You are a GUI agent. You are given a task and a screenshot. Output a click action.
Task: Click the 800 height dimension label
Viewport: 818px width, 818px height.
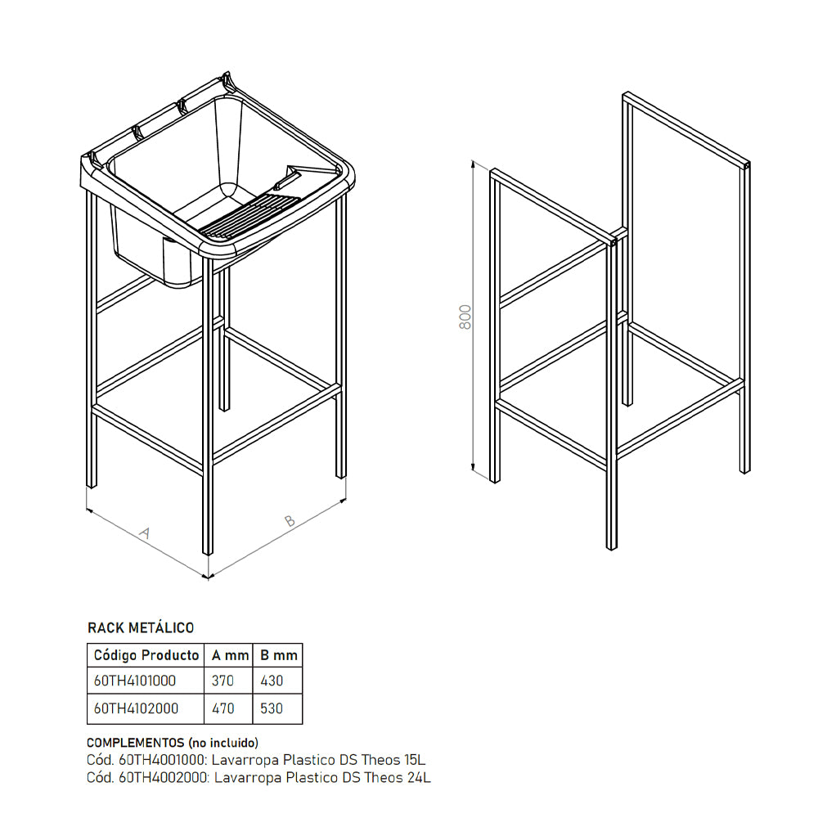pyautogui.click(x=465, y=317)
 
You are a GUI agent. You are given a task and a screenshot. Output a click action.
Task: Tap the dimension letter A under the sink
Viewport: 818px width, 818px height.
pyautogui.click(x=145, y=533)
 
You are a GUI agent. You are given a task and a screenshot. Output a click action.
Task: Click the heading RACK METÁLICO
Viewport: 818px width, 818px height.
pyautogui.click(x=141, y=628)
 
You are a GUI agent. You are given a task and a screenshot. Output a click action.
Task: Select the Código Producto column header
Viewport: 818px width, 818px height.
pyautogui.click(x=146, y=655)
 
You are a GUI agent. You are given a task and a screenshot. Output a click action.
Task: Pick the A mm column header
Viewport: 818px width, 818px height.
pyautogui.click(x=228, y=655)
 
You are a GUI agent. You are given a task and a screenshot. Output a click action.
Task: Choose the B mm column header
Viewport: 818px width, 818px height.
pyautogui.click(x=277, y=655)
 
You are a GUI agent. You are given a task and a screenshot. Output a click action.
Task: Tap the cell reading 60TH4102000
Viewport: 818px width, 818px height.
pyautogui.click(x=136, y=708)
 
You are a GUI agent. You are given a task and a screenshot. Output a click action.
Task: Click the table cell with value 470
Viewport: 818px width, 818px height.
pyautogui.click(x=222, y=708)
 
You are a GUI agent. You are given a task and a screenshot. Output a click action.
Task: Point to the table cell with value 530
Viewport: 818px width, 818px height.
pyautogui.click(x=272, y=708)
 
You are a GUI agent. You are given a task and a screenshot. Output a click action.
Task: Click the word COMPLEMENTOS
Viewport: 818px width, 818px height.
pyautogui.click(x=135, y=743)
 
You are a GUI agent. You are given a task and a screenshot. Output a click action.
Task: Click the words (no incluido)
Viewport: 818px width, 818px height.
pyautogui.click(x=222, y=743)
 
